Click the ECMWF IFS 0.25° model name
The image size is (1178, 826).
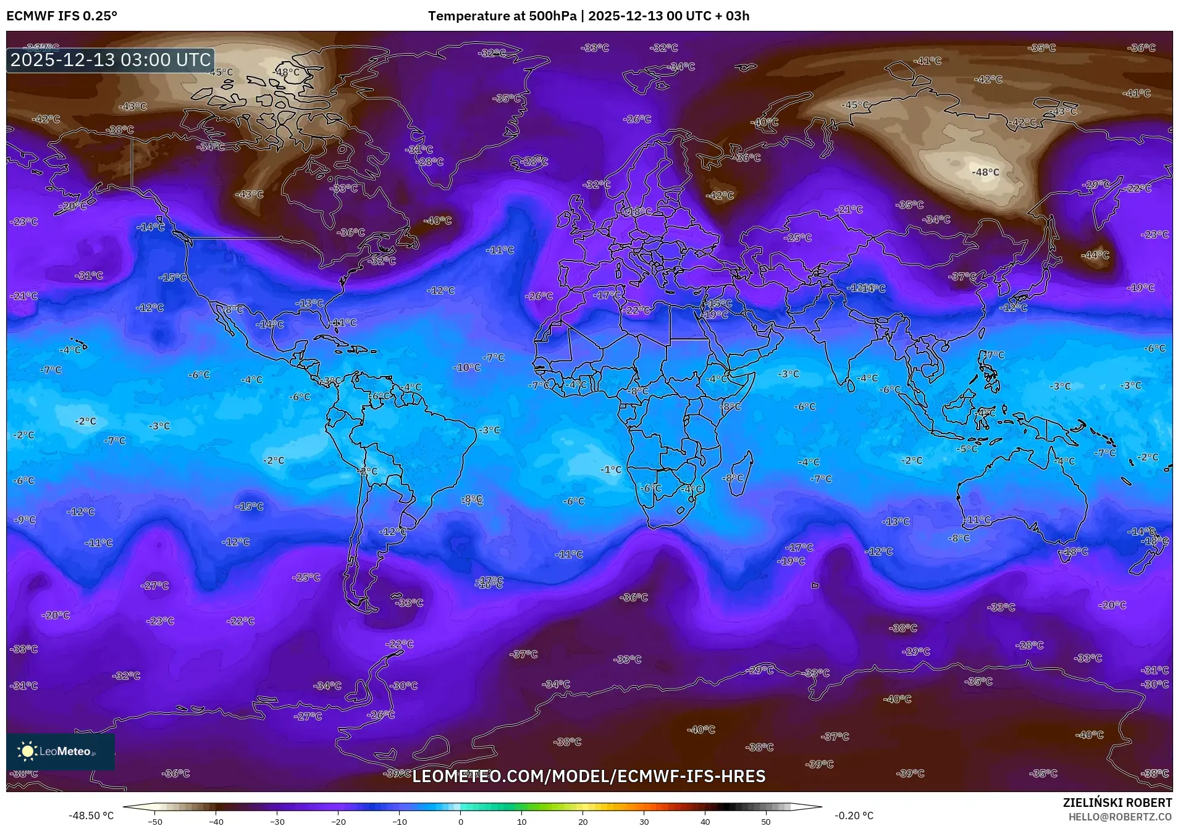[62, 16]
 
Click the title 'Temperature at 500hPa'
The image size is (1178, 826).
[502, 16]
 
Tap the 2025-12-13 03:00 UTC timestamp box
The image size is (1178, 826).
[111, 60]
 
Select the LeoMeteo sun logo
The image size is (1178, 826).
[28, 751]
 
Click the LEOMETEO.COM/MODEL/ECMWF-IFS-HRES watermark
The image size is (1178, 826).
[589, 776]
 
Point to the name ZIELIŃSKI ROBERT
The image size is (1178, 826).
[1117, 803]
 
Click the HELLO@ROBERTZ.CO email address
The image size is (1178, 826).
[1120, 816]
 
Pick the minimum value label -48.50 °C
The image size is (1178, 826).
[91, 816]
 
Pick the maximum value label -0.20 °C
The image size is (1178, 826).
[854, 816]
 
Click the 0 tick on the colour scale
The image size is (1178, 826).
[460, 821]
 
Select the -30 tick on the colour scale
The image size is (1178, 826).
[277, 821]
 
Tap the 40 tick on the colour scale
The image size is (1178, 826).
[705, 821]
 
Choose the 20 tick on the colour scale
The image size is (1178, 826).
[583, 821]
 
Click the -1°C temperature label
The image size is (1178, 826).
[611, 470]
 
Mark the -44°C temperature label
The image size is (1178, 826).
[1095, 255]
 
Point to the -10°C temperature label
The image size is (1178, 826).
[466, 367]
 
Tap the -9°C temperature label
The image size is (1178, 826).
[25, 520]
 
